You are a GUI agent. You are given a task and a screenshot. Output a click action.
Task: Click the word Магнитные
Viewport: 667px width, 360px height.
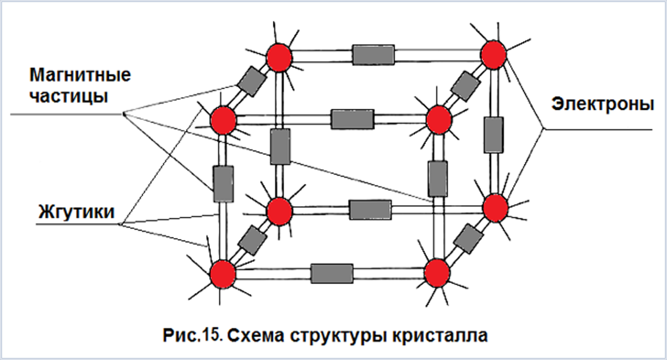point(80,75)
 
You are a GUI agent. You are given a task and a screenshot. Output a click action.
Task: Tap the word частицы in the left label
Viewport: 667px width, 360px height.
point(69,96)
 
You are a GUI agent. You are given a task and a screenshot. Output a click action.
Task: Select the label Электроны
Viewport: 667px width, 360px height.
point(603,104)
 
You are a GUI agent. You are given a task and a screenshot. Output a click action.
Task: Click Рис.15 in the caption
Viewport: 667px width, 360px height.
point(192,335)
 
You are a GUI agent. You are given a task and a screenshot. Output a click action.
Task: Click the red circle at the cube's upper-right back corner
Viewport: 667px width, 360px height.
point(494,55)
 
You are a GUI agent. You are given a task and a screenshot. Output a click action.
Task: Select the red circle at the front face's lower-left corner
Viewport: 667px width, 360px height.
point(223,274)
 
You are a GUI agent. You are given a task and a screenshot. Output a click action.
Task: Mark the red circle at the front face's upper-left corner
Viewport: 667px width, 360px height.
point(223,121)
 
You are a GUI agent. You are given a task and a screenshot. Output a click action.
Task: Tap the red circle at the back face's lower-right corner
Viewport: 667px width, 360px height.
point(495,208)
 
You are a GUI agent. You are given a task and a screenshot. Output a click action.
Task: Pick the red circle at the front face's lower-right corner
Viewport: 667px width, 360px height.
point(437,273)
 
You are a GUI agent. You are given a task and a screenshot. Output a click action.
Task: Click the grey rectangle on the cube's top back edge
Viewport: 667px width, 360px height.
point(374,55)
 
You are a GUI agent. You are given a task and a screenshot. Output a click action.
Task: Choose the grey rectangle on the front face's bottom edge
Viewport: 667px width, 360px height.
point(332,273)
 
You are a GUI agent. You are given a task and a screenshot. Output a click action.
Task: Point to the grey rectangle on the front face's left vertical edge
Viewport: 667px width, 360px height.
point(223,184)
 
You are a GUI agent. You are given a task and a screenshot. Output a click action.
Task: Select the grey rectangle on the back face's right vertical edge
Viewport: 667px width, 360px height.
point(494,135)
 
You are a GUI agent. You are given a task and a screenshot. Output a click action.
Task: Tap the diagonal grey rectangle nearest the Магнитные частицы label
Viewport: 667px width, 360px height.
point(252,82)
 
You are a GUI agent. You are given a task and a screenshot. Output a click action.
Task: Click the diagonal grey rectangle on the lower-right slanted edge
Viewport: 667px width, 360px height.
point(469,239)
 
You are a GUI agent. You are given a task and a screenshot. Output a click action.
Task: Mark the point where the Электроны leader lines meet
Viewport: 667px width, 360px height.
point(543,129)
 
